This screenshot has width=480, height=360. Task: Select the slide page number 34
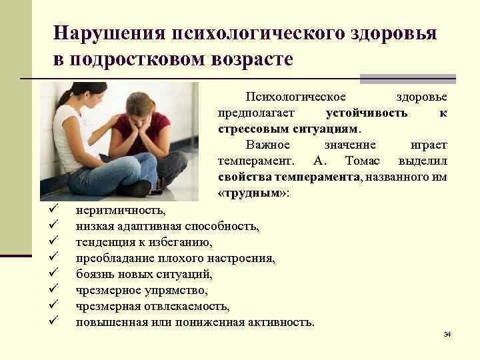[x=447, y=333]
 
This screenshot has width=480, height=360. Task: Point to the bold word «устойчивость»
[x=367, y=113]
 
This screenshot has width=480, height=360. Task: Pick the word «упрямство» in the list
[x=180, y=291]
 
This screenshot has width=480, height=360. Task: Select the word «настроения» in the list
[x=241, y=258]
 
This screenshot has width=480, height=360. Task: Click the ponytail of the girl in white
[x=67, y=100]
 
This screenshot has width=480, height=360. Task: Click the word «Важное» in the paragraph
[x=268, y=145]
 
